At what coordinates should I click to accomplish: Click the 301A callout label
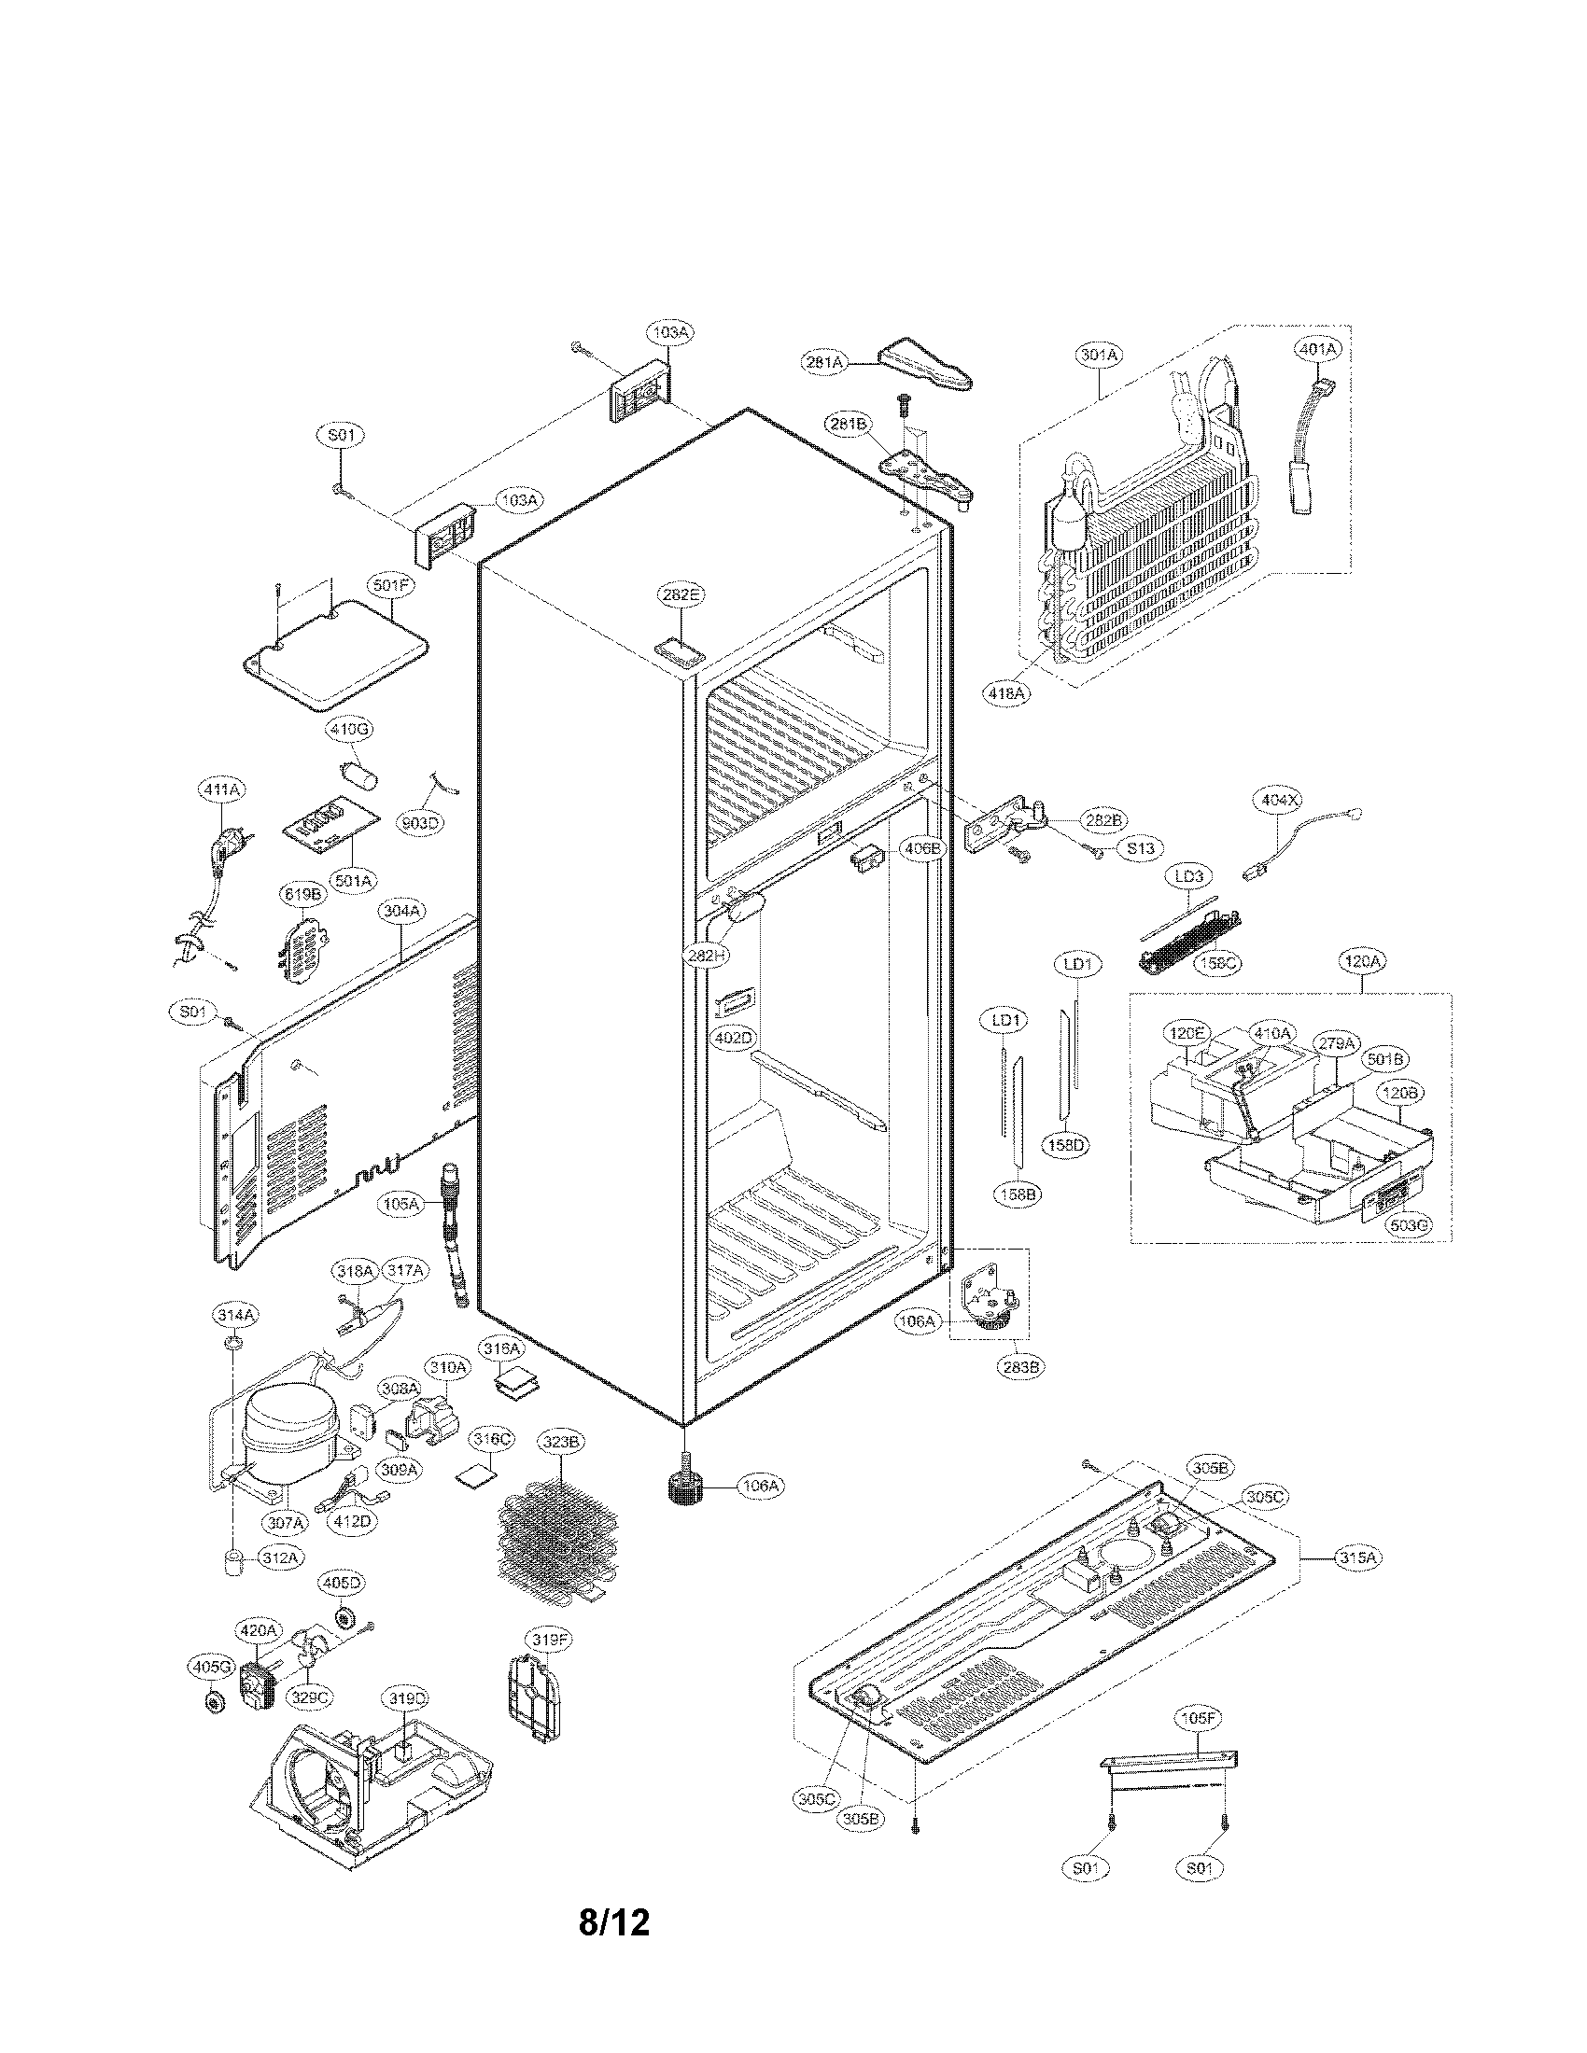pos(1099,355)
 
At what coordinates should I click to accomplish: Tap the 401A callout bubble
pos(1317,348)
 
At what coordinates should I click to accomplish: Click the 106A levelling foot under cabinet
pos(685,1488)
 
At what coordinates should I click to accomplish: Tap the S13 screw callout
pos(1140,848)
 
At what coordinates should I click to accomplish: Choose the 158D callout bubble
pos(1067,1144)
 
